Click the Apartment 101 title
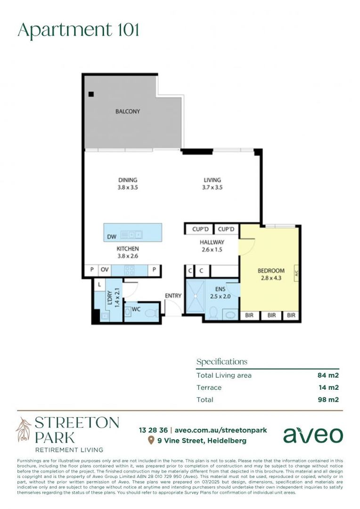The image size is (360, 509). click(78, 30)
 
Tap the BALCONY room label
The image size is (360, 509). click(128, 112)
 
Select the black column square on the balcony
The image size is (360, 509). click(91, 94)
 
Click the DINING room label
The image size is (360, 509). click(128, 180)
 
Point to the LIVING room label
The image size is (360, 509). click(212, 180)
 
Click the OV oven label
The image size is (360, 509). click(104, 270)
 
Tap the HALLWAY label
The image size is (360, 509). click(212, 242)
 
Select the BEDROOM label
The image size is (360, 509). click(271, 271)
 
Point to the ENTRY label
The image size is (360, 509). click(173, 296)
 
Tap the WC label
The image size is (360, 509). click(136, 309)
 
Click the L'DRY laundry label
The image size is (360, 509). click(110, 298)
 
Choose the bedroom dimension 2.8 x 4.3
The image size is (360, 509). click(271, 278)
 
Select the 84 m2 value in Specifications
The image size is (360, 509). click(328, 376)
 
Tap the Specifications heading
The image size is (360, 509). click(221, 362)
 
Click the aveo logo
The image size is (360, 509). click(313, 435)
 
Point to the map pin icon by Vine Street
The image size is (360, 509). click(151, 441)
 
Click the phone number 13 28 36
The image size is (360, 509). click(153, 430)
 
